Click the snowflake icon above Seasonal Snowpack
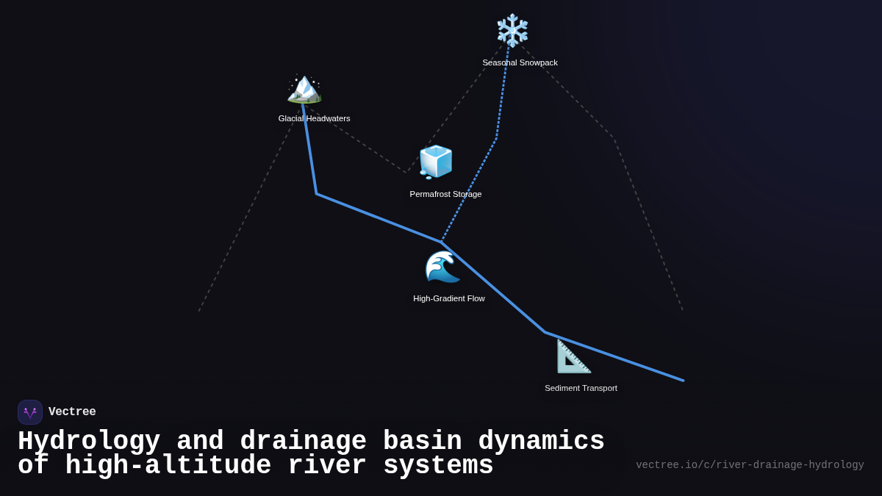click(x=512, y=31)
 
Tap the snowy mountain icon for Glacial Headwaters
click(x=304, y=88)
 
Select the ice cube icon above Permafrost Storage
click(x=436, y=162)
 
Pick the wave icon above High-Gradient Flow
click(x=442, y=267)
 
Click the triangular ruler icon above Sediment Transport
click(x=573, y=356)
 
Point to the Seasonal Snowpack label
click(x=520, y=62)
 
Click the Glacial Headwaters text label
click(x=314, y=118)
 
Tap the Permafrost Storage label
click(x=445, y=194)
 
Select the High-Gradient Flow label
click(x=448, y=298)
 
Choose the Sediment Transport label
click(x=581, y=388)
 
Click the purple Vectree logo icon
click(x=30, y=412)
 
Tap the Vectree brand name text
click(x=72, y=412)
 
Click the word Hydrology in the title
click(x=89, y=442)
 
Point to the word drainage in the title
click(x=303, y=442)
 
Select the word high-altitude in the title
click(x=168, y=466)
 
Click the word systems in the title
click(x=438, y=466)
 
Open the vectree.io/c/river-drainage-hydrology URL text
click(x=750, y=465)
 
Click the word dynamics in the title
click(x=541, y=442)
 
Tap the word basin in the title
click(x=422, y=442)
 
